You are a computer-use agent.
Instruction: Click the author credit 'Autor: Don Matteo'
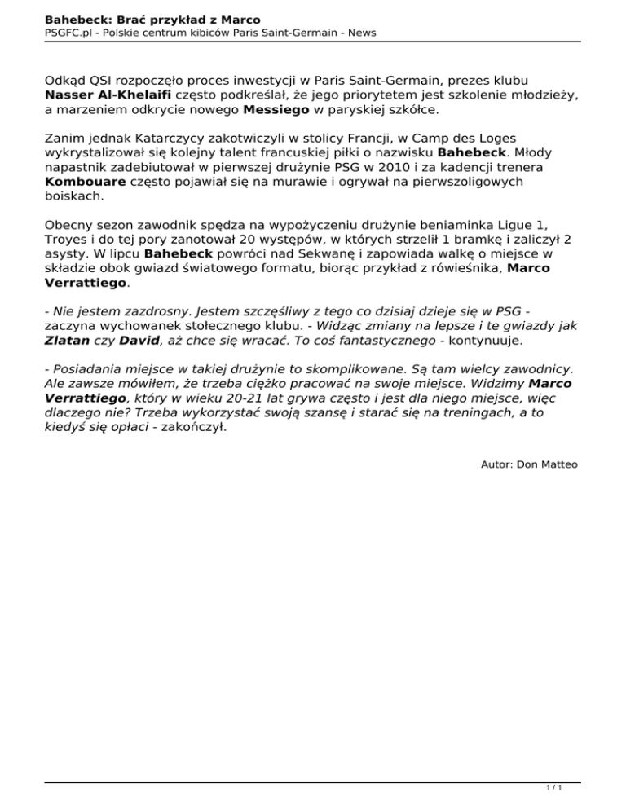[x=530, y=464]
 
